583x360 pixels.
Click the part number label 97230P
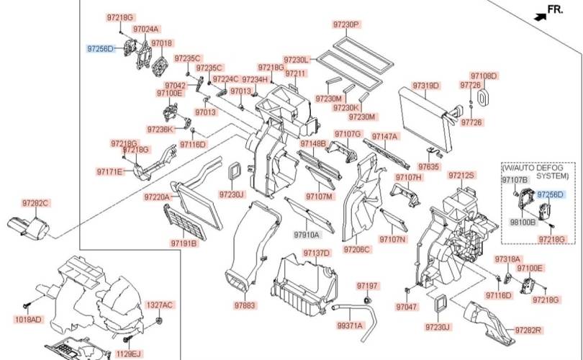[x=346, y=24]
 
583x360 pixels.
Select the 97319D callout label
[x=425, y=86]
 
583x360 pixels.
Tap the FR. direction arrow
[x=539, y=12]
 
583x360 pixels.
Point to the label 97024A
[x=146, y=30]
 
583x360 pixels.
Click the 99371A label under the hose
[x=351, y=326]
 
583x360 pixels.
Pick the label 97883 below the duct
[x=245, y=306]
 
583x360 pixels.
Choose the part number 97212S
[x=461, y=175]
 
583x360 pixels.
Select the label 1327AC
[x=160, y=305]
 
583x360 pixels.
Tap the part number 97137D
[x=316, y=253]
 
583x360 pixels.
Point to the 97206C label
[x=357, y=249]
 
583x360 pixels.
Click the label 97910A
[x=306, y=235]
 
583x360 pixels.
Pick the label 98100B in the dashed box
[x=523, y=222]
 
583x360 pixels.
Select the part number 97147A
[x=384, y=135]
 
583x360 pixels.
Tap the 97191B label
[x=184, y=243]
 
